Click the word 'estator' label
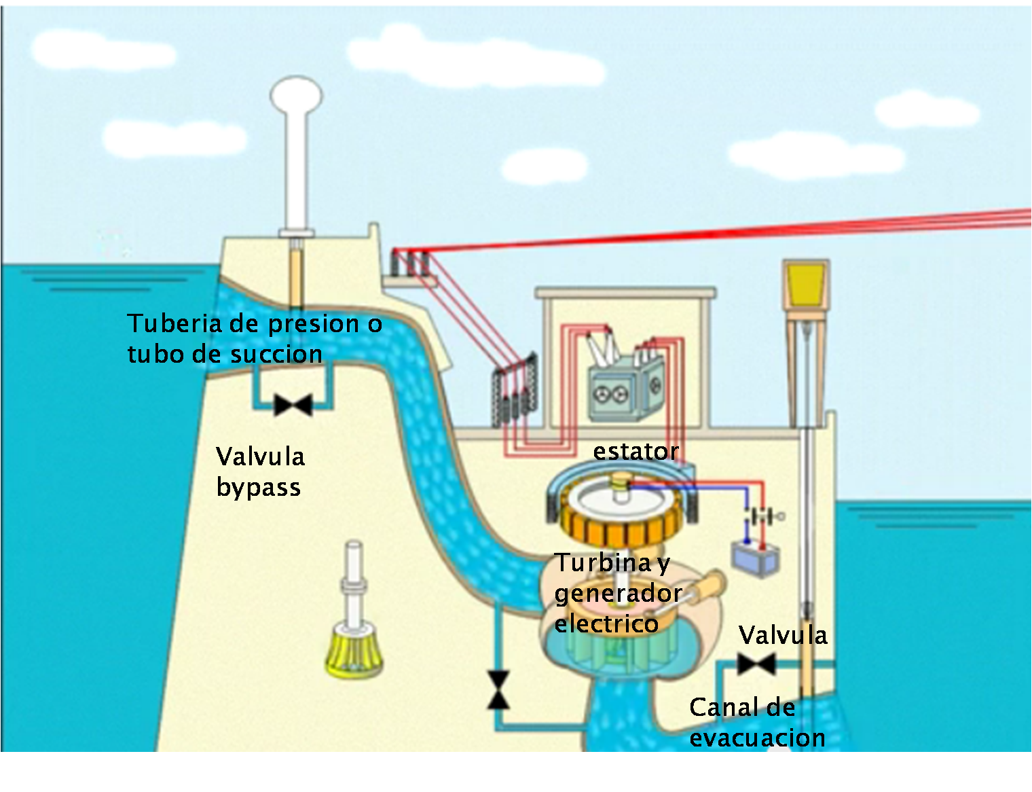point(635,451)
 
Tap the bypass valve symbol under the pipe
point(293,406)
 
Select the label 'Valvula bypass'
point(260,471)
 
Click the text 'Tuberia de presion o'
point(255,323)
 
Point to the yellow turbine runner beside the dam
point(354,653)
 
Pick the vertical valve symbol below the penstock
point(498,689)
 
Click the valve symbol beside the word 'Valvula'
point(756,664)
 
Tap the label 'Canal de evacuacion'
point(757,723)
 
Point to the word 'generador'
point(618,593)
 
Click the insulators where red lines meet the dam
point(409,262)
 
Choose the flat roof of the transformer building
point(625,293)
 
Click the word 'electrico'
point(606,624)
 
